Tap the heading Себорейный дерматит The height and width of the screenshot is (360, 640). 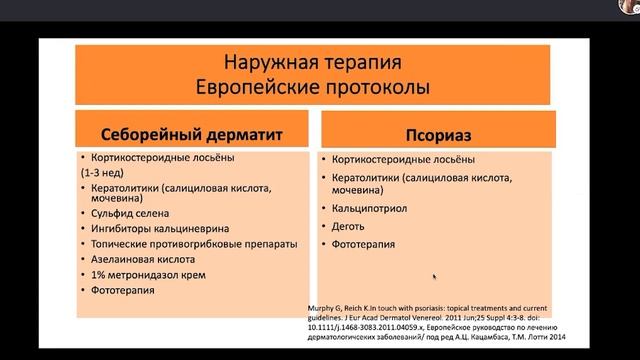point(192,134)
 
